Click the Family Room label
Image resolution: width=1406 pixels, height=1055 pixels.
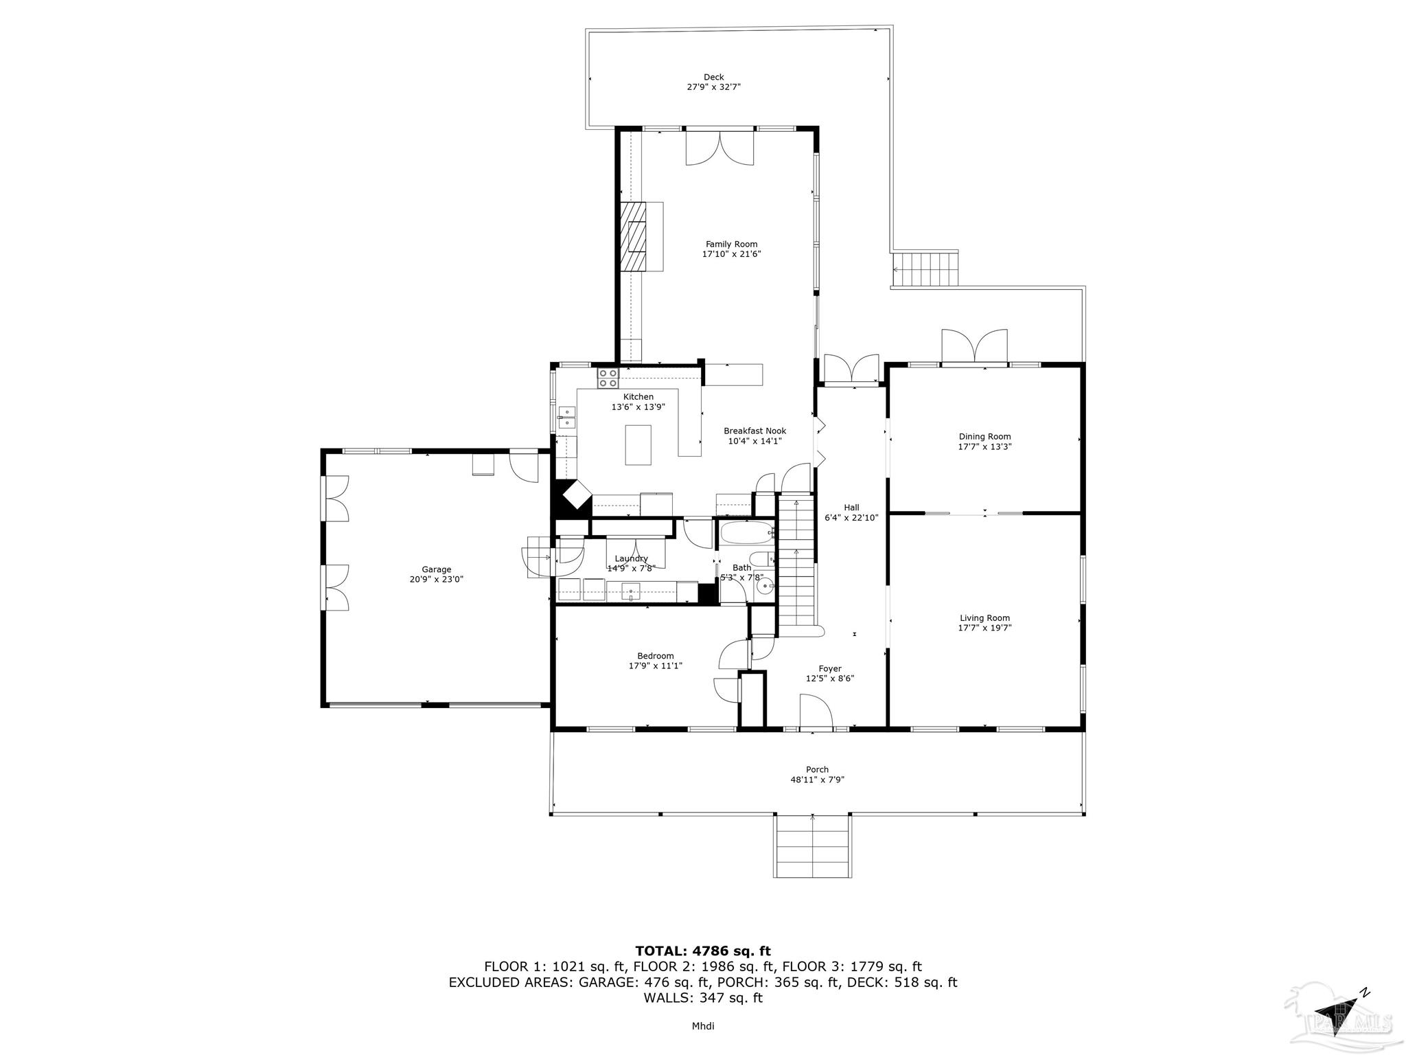click(731, 245)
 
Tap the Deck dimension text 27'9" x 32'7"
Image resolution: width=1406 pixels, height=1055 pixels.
click(713, 87)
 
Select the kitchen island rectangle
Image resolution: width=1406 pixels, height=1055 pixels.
click(638, 445)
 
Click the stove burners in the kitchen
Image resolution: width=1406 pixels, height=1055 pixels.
click(608, 378)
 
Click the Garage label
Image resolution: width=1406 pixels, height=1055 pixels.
click(436, 569)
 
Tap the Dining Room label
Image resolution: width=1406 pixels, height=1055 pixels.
click(984, 437)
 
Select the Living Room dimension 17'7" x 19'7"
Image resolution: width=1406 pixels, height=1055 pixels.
click(984, 628)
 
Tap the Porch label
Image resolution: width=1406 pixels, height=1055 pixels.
click(817, 770)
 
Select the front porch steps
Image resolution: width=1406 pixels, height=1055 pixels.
click(813, 846)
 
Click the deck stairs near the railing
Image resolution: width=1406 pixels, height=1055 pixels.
click(924, 269)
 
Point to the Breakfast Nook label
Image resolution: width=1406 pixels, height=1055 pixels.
click(754, 431)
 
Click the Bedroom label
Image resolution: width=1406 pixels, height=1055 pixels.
click(655, 656)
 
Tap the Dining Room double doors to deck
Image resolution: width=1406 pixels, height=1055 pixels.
click(974, 346)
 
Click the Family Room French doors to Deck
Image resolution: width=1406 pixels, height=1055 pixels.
click(719, 147)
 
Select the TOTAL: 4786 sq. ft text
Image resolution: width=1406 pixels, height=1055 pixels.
click(702, 951)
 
